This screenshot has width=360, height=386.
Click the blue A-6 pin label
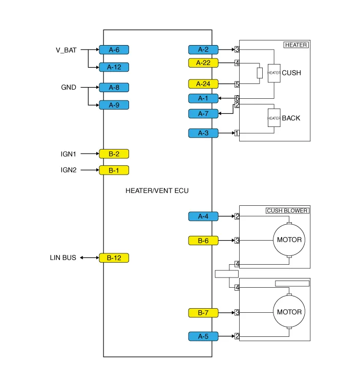click(x=114, y=50)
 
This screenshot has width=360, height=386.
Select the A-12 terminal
click(x=114, y=67)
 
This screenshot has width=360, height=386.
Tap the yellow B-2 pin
click(x=114, y=154)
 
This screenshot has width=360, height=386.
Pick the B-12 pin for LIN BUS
click(x=114, y=258)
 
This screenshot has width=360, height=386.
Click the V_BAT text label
click(x=66, y=50)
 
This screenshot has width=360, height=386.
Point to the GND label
click(x=69, y=88)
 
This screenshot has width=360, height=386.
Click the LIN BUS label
click(x=63, y=258)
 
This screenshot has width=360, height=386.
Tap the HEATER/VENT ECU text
click(x=157, y=190)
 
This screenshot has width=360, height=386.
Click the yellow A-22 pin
click(x=203, y=63)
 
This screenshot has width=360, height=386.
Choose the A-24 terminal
click(x=203, y=84)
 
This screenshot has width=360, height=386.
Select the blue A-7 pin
click(x=203, y=114)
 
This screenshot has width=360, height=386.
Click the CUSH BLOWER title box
click(x=287, y=210)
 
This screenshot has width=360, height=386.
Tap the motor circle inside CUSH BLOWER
click(x=289, y=240)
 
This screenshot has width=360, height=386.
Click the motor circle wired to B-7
click(x=289, y=312)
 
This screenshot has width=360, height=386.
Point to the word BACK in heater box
click(x=291, y=118)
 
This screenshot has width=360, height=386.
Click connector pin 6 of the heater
click(x=237, y=98)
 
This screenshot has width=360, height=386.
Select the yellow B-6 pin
click(x=203, y=240)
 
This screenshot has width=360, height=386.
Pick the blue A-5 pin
click(x=203, y=336)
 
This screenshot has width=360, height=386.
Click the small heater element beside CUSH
click(x=274, y=73)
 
